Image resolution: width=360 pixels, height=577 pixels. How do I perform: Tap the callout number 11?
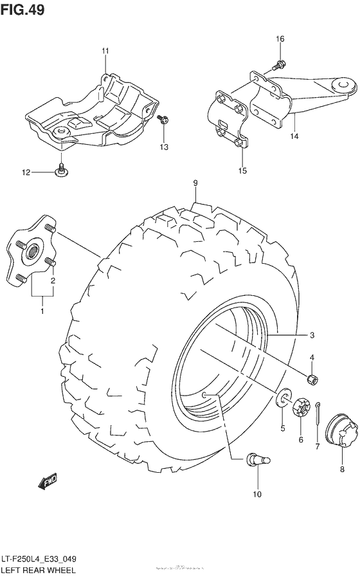point(105,51)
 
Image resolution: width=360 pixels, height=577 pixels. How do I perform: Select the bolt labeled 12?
point(62,170)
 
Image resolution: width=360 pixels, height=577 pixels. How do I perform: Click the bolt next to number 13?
point(162,119)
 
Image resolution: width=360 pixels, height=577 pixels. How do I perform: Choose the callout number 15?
point(242,170)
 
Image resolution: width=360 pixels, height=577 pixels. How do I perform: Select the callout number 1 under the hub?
point(42,312)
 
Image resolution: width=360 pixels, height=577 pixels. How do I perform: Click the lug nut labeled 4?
point(311,381)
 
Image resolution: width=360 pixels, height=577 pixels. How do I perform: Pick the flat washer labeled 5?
point(282,399)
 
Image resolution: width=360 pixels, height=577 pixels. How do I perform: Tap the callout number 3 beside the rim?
point(311,335)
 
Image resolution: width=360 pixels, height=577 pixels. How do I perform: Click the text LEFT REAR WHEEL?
point(39,570)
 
